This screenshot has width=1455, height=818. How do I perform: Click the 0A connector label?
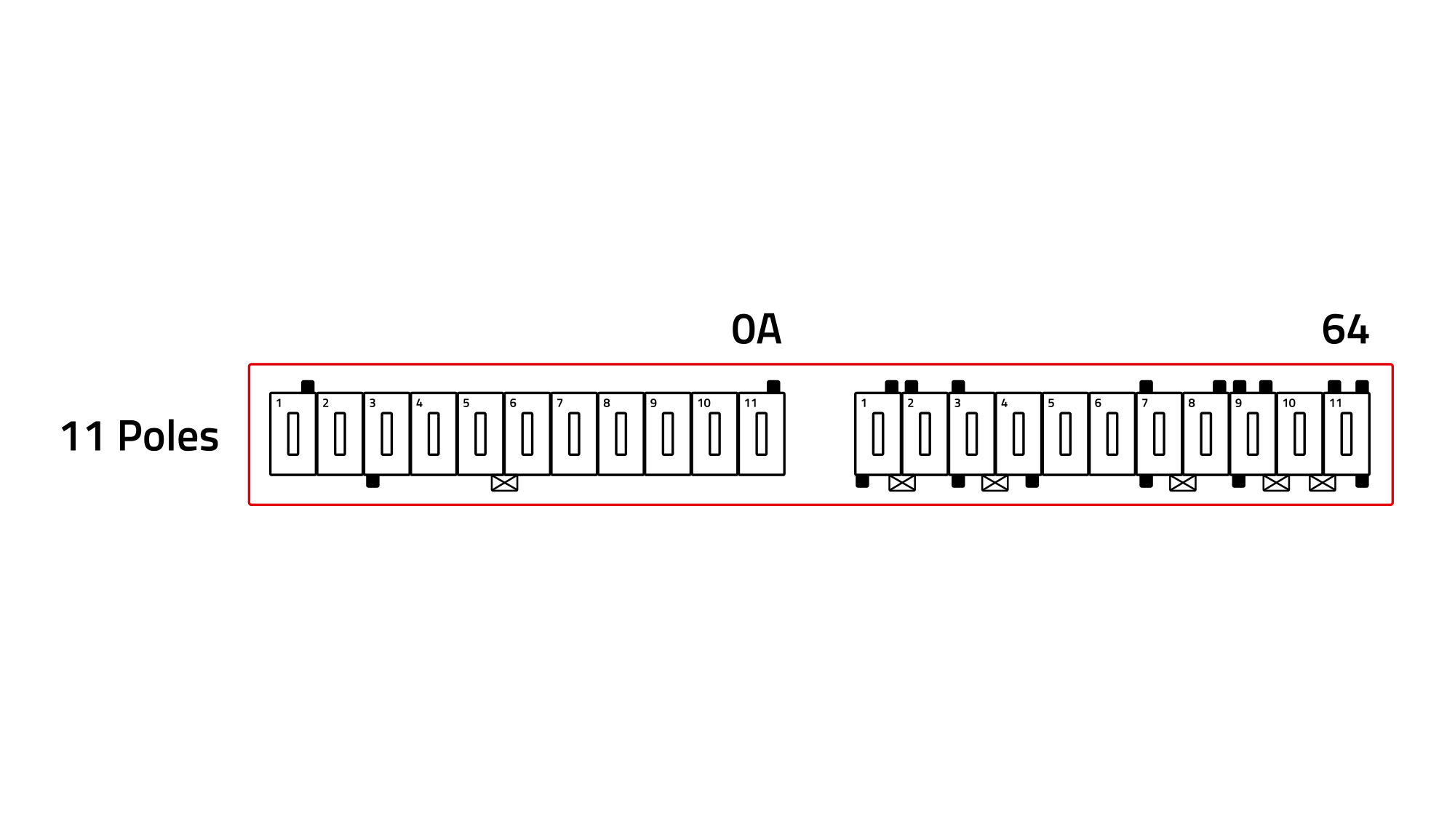click(x=756, y=329)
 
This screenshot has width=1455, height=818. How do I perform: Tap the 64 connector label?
click(x=1345, y=329)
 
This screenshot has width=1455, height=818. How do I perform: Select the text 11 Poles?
click(x=140, y=436)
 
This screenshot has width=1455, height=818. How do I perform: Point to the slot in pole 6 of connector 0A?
click(x=527, y=434)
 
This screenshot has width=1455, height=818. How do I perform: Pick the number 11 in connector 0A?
click(x=751, y=403)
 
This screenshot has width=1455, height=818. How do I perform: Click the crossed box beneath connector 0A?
click(x=504, y=483)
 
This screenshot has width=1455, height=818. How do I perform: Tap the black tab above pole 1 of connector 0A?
click(x=308, y=387)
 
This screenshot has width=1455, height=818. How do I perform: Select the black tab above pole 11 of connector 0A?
click(x=773, y=387)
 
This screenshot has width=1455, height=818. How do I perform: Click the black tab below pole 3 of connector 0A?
click(x=372, y=481)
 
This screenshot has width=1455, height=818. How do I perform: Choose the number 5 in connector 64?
click(x=1051, y=403)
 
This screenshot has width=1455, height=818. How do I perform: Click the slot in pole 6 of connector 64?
click(x=1112, y=434)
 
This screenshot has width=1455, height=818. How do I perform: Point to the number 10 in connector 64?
click(x=1289, y=403)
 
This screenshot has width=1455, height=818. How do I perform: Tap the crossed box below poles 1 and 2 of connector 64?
click(x=902, y=483)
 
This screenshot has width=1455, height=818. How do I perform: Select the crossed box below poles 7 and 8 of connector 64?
click(x=1183, y=483)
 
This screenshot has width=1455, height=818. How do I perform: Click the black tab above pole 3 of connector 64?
click(x=958, y=387)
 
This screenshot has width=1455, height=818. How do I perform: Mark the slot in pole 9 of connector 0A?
click(x=668, y=434)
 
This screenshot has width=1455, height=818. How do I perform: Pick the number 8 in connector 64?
click(x=1192, y=403)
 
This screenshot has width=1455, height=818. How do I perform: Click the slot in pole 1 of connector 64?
click(x=878, y=434)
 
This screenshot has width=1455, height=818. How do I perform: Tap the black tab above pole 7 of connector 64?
click(x=1146, y=387)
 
